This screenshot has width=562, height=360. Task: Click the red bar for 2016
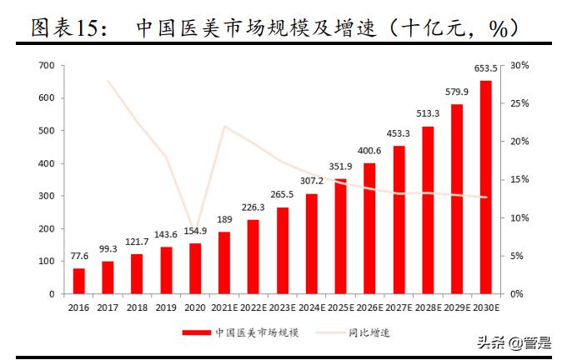point(79,281)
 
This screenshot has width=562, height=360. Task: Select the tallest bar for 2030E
point(485,187)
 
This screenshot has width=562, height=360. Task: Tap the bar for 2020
point(195,268)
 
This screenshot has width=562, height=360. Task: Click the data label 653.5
point(485,69)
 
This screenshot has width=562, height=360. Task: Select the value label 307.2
point(311,181)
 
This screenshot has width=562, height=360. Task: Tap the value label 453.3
point(398,133)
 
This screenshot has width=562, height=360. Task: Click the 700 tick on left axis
point(46,65)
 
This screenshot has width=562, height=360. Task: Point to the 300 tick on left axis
point(46,196)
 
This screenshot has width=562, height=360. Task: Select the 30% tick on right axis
point(519,65)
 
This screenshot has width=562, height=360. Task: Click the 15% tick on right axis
point(519,179)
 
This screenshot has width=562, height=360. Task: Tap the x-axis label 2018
point(137,307)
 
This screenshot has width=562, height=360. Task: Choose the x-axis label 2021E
point(224,307)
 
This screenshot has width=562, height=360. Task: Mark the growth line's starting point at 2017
point(108,80)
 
